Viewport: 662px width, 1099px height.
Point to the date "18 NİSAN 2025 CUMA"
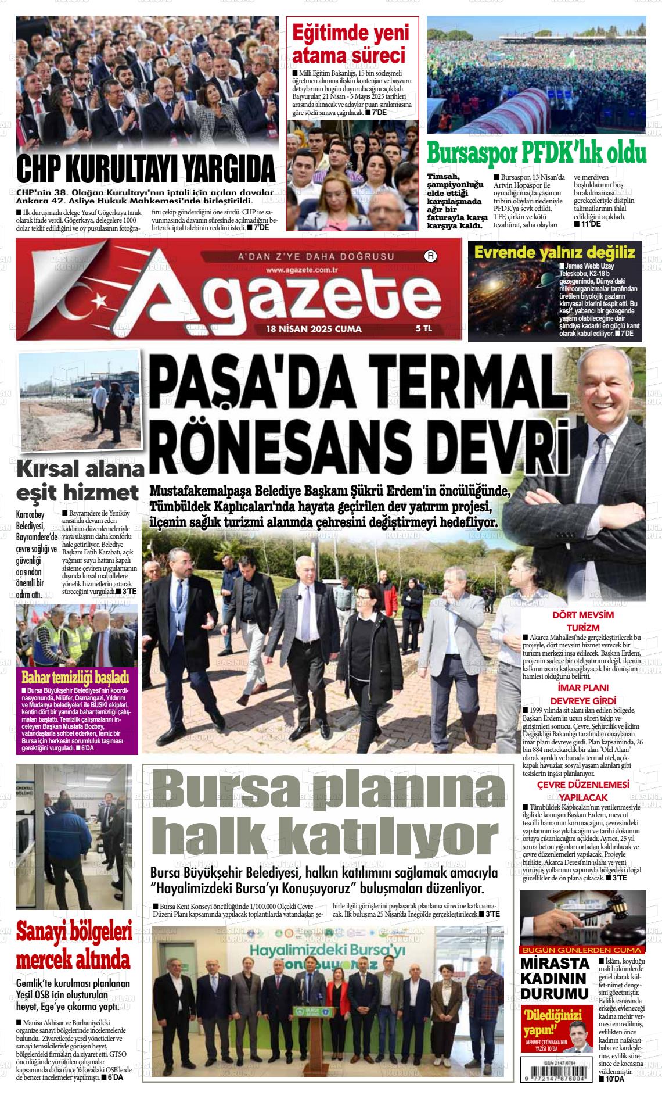[314, 328]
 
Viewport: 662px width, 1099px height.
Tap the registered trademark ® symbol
[430, 255]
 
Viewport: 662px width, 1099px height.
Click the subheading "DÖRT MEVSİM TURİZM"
[582, 621]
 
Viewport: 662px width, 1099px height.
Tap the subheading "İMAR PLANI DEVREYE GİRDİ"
[582, 695]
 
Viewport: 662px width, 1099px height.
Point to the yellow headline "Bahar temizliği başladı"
[75, 678]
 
